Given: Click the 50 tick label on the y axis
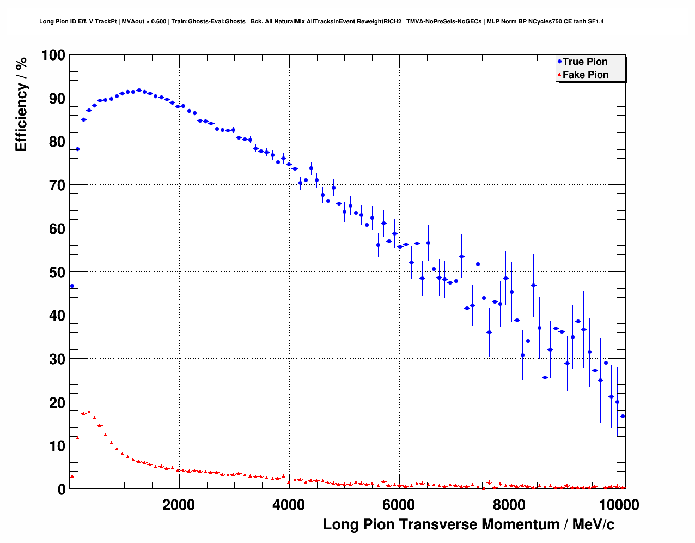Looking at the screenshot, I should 57,272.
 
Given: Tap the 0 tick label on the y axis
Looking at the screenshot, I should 62,489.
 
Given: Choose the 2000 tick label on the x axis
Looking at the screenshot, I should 178,505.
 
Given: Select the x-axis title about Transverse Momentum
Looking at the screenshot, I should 468,524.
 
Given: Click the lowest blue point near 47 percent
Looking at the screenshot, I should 72,286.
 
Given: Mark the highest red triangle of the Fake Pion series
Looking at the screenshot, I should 89,412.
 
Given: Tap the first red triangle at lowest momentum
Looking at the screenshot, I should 72,476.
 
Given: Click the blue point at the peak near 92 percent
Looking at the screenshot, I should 139,90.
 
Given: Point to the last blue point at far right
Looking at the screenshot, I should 623,416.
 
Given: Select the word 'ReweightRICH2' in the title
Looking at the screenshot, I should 382,22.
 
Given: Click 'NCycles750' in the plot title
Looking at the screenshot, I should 544,22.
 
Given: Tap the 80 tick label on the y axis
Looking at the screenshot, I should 57,142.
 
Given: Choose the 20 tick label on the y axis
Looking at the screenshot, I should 57,402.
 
